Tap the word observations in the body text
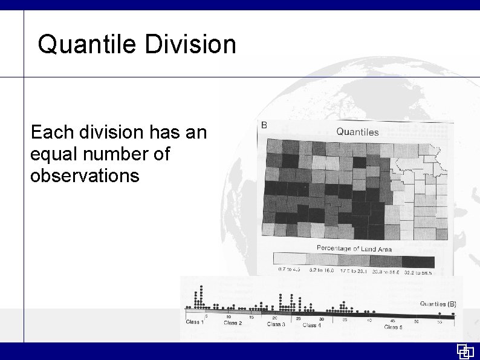coord(85,175)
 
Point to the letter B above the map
coord(264,125)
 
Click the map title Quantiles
coord(357,131)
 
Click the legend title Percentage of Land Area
coord(354,249)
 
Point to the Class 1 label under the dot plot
coord(195,321)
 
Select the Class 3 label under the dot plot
coord(276,324)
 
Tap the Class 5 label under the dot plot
coord(393,327)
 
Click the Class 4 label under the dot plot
coord(311,325)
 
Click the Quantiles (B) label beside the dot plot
coord(438,304)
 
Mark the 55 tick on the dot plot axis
coord(439,322)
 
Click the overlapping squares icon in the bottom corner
coord(464,352)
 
